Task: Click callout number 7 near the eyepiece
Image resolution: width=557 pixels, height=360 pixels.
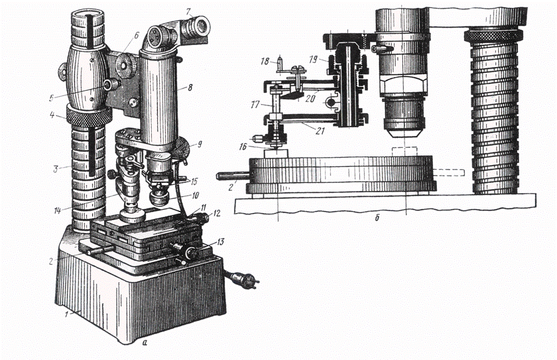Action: (x=188, y=11)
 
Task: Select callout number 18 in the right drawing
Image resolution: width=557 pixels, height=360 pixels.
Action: (x=265, y=62)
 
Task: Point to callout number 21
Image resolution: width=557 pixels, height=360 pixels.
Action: (x=320, y=131)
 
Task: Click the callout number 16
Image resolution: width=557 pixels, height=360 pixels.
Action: (x=243, y=147)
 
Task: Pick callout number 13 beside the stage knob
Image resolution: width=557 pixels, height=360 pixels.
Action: (x=220, y=242)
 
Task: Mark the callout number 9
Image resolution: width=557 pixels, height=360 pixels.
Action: (x=200, y=144)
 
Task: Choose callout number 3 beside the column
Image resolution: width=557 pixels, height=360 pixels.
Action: (x=56, y=169)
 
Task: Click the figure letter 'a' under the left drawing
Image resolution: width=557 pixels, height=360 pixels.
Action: (x=144, y=343)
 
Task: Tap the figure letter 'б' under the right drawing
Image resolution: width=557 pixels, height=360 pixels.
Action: (x=377, y=218)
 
